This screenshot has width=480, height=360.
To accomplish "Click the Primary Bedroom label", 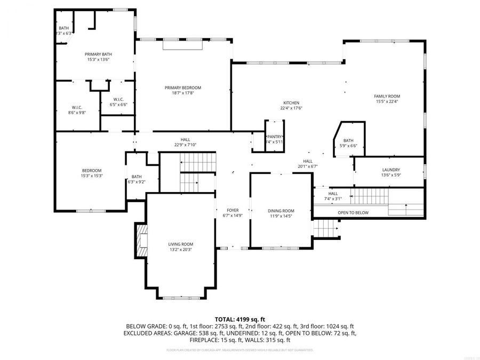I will coord(183,87).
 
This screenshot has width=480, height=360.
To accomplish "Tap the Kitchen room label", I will coord(291,103).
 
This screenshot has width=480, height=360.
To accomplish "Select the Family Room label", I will coord(387,96).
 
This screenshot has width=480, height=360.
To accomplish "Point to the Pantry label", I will coord(275,137).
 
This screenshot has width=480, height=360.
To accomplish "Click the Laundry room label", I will coord(390,170).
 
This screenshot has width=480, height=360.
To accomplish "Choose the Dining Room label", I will coord(281,211).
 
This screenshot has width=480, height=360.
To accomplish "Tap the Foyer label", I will coord(233,210).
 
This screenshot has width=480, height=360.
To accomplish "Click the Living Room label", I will coord(181,244).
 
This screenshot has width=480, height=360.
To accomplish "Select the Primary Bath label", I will coord(99,54).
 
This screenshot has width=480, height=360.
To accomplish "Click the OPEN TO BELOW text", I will coord(353,212).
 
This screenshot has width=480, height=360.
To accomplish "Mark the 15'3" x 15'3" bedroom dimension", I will coord(92,175).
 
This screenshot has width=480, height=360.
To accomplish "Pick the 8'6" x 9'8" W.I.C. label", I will coord(77,113).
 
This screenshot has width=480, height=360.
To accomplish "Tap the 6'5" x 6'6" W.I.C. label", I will coord(118,105).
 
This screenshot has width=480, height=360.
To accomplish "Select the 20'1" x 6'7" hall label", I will coord(308,166).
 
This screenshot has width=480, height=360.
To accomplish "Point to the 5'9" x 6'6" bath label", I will coord(348,146).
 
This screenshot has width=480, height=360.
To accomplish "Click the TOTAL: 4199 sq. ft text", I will coord(239,317).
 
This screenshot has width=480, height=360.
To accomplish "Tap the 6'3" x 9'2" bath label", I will coord(137,182).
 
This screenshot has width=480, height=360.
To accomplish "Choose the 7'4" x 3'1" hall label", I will coord(333,199).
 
